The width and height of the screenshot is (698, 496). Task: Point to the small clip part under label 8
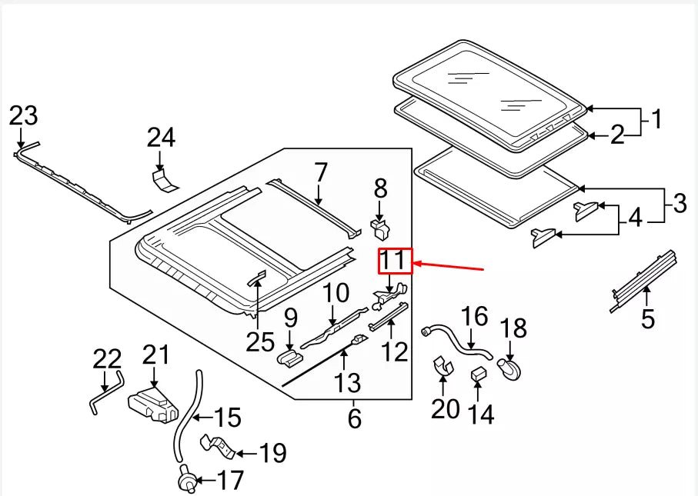tap(380, 228)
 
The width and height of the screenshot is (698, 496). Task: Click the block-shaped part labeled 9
tap(290, 358)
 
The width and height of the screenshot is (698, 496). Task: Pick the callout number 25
tap(260, 341)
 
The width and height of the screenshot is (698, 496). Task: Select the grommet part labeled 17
tap(188, 478)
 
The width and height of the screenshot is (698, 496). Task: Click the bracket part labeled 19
tap(217, 447)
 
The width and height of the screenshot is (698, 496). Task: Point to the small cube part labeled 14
tap(478, 374)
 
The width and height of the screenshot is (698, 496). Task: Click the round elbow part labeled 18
tap(509, 369)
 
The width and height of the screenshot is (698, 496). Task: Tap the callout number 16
tap(475, 316)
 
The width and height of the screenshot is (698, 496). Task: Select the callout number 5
tap(648, 318)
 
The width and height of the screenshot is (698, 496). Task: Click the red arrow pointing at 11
tap(449, 267)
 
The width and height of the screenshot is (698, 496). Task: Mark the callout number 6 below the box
tap(354, 418)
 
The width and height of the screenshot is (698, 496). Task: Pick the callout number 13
tap(347, 382)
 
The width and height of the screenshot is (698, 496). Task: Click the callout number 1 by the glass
tap(656, 119)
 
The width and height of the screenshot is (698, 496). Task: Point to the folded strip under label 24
tap(164, 180)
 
